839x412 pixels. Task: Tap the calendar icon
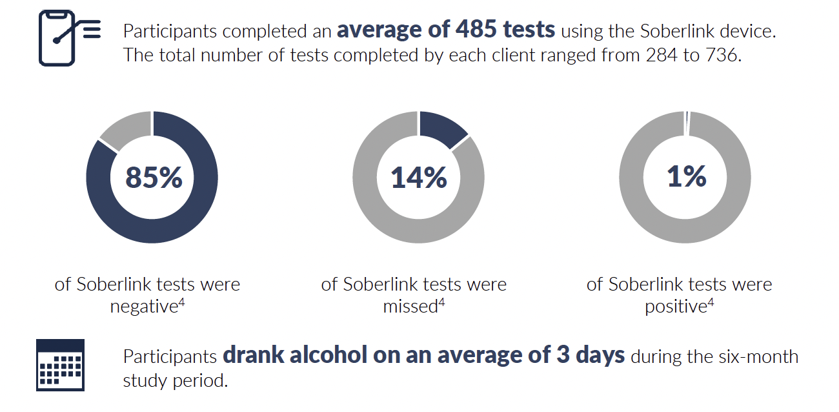click(x=60, y=365)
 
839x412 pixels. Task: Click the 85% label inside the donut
click(x=154, y=177)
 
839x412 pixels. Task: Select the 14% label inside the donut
click(x=419, y=177)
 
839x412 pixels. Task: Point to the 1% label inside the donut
click(x=686, y=177)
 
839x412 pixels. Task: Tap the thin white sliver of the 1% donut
click(x=687, y=122)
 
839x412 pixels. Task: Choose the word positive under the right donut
click(x=674, y=307)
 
